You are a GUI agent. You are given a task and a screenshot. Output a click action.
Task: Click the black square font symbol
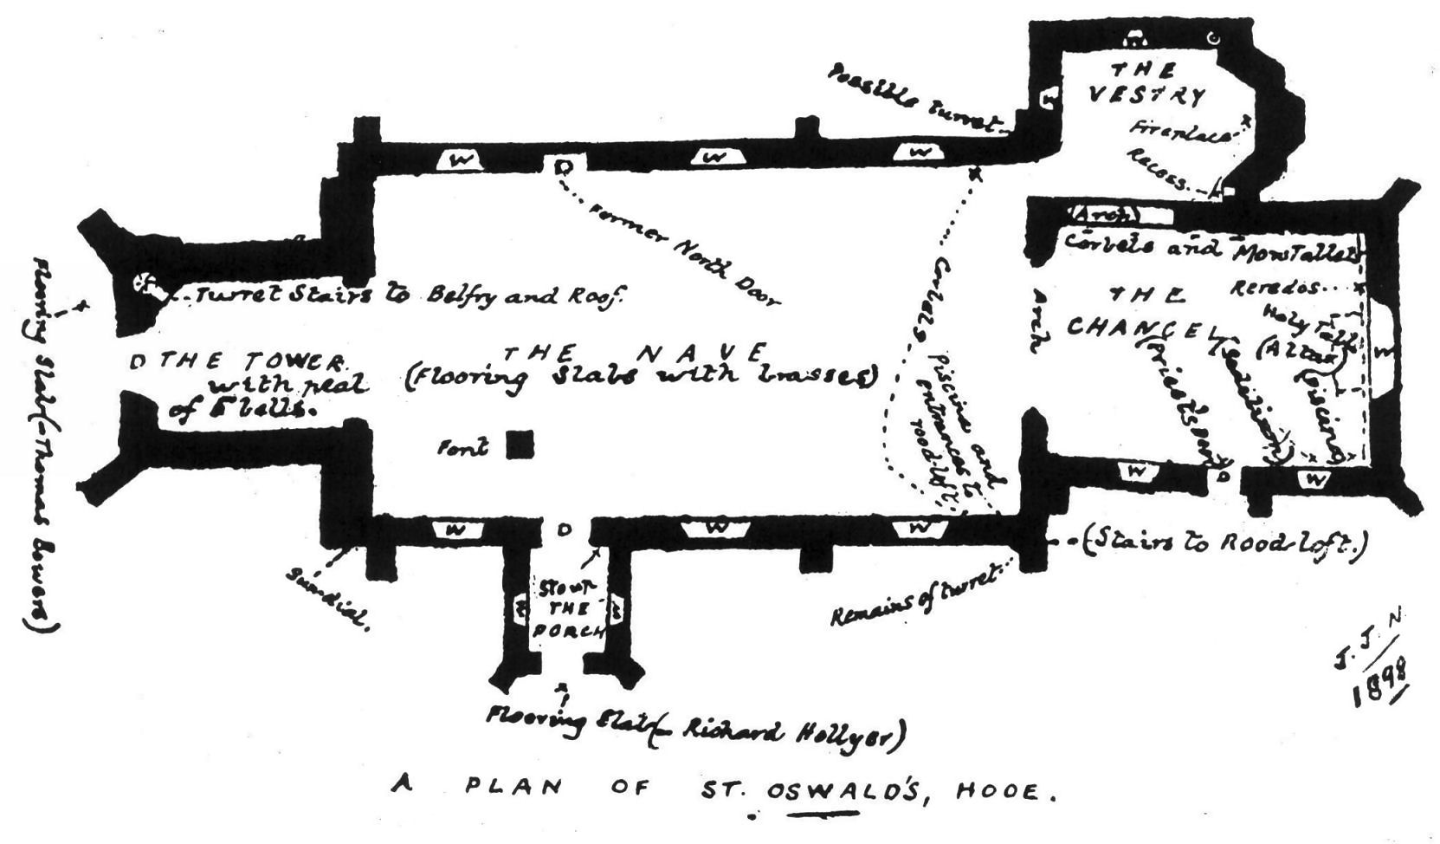tap(520, 445)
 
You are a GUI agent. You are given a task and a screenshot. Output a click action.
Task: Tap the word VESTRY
tap(1146, 94)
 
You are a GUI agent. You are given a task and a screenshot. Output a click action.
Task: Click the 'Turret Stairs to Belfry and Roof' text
tap(407, 295)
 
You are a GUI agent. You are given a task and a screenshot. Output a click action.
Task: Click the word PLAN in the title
tap(514, 789)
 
